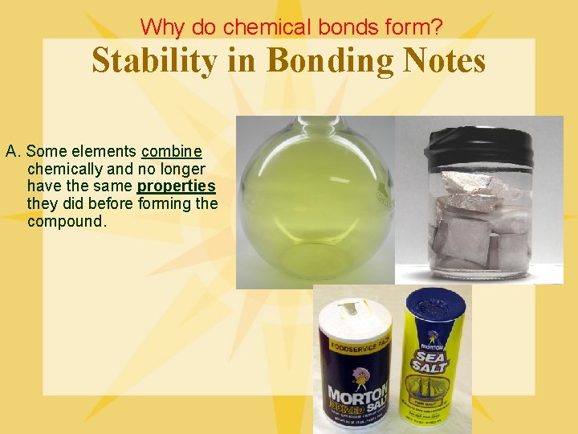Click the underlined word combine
171,152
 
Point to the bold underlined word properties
176,186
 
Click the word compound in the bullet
66,221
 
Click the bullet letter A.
12,152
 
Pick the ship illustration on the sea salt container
435,399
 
